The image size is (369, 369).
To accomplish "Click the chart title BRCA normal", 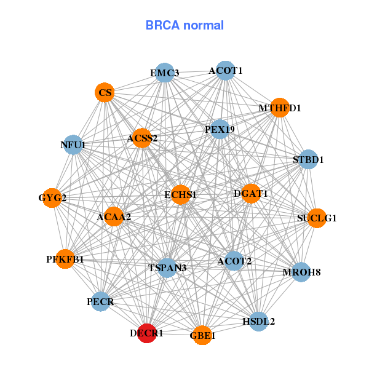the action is pos(184,25).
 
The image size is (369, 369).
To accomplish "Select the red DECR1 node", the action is pos(146,333).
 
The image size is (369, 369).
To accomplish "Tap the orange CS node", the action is pos(105,93).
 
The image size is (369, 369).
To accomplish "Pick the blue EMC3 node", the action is pos(164,73).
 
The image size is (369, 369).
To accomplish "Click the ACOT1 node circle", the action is pos(226,70).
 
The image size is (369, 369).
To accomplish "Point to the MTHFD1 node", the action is pos(280,108).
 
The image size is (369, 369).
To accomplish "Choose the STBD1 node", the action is pos(307,159).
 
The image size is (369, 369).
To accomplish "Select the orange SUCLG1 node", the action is pos(316,218).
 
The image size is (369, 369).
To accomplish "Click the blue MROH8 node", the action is pos(301,272).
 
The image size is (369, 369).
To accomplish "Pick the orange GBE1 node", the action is pos(202,335).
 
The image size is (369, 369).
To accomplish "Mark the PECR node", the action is pos(100,301).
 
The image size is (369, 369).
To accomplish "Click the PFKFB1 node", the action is pos(72,259).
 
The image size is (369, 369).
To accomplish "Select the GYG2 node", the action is pos(52,198).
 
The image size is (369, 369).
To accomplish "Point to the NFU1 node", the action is pos(73,145).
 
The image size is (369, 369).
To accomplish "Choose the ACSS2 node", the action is pos(143,138).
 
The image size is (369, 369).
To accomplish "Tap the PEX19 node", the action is pos(220,129).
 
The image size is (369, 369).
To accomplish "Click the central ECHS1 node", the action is pos(180,194).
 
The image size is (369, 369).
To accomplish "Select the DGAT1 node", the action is pos(251,194).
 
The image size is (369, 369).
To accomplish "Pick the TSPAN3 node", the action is pos(167,268).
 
